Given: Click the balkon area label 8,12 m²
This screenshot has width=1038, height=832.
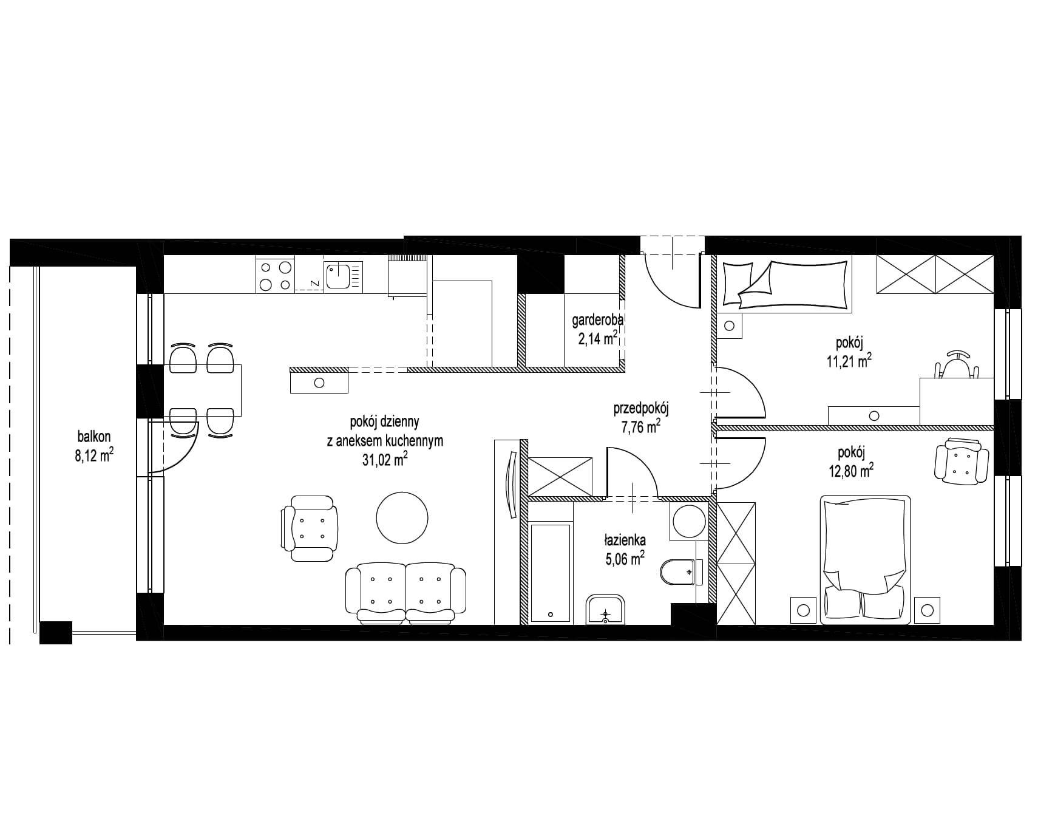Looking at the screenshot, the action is coord(94,455).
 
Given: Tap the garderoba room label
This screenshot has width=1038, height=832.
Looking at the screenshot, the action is coord(598,320).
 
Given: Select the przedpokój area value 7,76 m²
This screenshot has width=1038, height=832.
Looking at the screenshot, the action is coord(640,427).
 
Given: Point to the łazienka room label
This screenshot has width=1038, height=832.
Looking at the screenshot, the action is coord(625,540).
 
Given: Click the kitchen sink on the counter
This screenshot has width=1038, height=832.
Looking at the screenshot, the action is coord(344,276).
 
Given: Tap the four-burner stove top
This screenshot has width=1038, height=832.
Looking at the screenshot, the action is coord(276,274).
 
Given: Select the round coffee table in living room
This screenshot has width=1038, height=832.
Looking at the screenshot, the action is coord(402,517).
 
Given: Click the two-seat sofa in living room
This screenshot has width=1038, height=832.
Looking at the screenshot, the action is coord(405,593).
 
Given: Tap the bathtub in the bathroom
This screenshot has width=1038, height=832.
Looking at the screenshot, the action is coord(550,573).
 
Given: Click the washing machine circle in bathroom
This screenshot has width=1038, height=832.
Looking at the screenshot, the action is coord(690,521).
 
